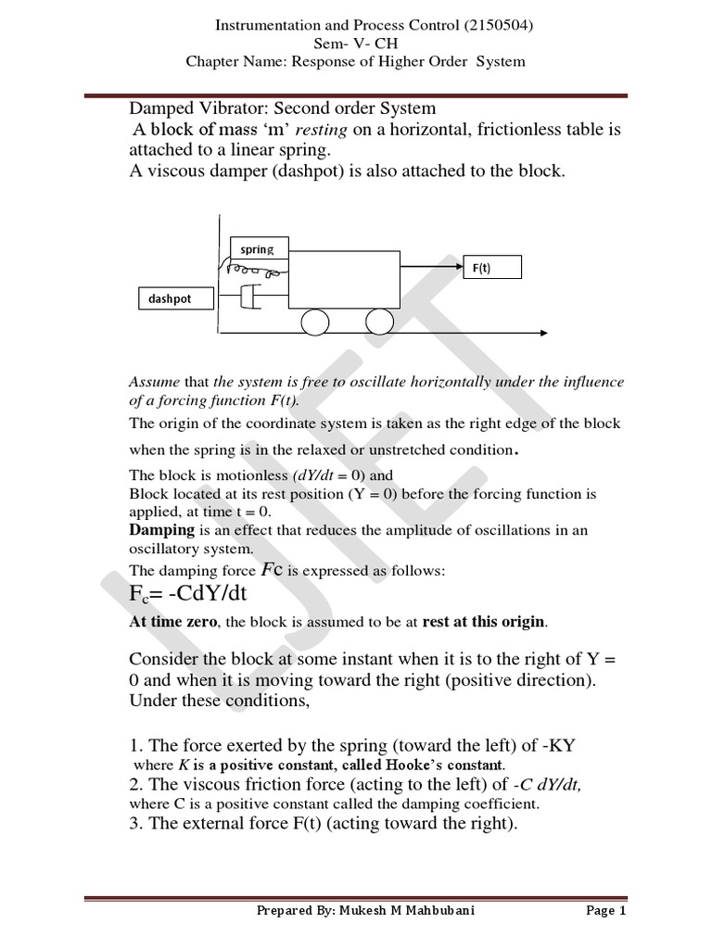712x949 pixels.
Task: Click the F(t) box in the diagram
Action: (x=491, y=268)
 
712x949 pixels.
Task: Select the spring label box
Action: (x=258, y=248)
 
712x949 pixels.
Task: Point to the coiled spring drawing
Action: (x=254, y=272)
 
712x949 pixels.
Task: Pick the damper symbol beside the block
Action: (x=249, y=297)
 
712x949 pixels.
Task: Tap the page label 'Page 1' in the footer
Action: (x=606, y=911)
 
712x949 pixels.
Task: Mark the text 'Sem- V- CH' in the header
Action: (x=355, y=43)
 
